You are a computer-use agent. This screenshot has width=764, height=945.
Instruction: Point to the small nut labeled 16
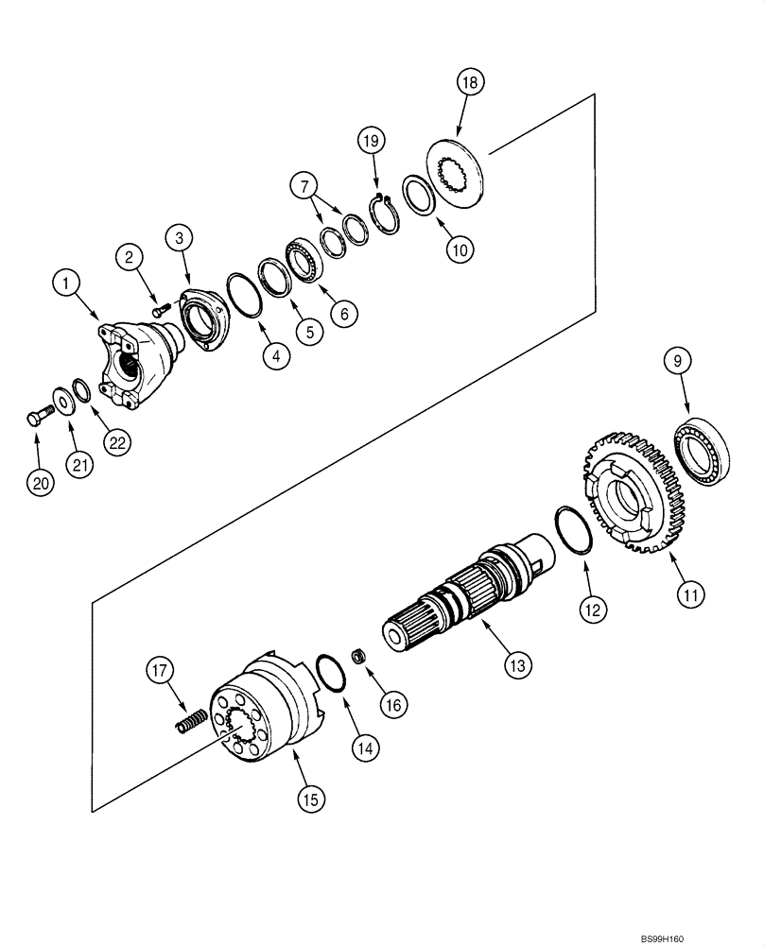click(359, 654)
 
